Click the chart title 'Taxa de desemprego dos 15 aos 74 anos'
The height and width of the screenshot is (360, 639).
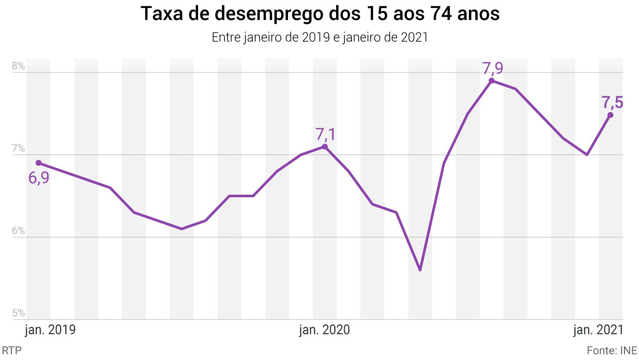320,14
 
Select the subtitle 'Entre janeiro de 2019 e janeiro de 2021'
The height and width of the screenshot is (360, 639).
319,37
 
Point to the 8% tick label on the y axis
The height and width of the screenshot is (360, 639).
18,66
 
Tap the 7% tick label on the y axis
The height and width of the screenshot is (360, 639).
18,149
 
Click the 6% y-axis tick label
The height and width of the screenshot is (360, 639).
18,231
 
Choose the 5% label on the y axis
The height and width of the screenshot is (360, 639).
18,313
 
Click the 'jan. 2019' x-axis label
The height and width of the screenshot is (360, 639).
50,330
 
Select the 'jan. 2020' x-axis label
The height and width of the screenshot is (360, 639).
324,330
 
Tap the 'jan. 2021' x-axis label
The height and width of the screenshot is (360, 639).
598,330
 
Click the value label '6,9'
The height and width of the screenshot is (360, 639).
39,178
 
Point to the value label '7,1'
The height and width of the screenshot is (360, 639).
325,134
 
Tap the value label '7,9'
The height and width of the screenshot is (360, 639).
492,68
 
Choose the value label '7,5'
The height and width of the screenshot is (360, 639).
612,103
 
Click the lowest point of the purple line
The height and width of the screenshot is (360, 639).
420,270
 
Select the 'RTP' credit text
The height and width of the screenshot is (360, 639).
12,351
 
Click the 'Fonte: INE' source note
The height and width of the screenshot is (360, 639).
612,351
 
